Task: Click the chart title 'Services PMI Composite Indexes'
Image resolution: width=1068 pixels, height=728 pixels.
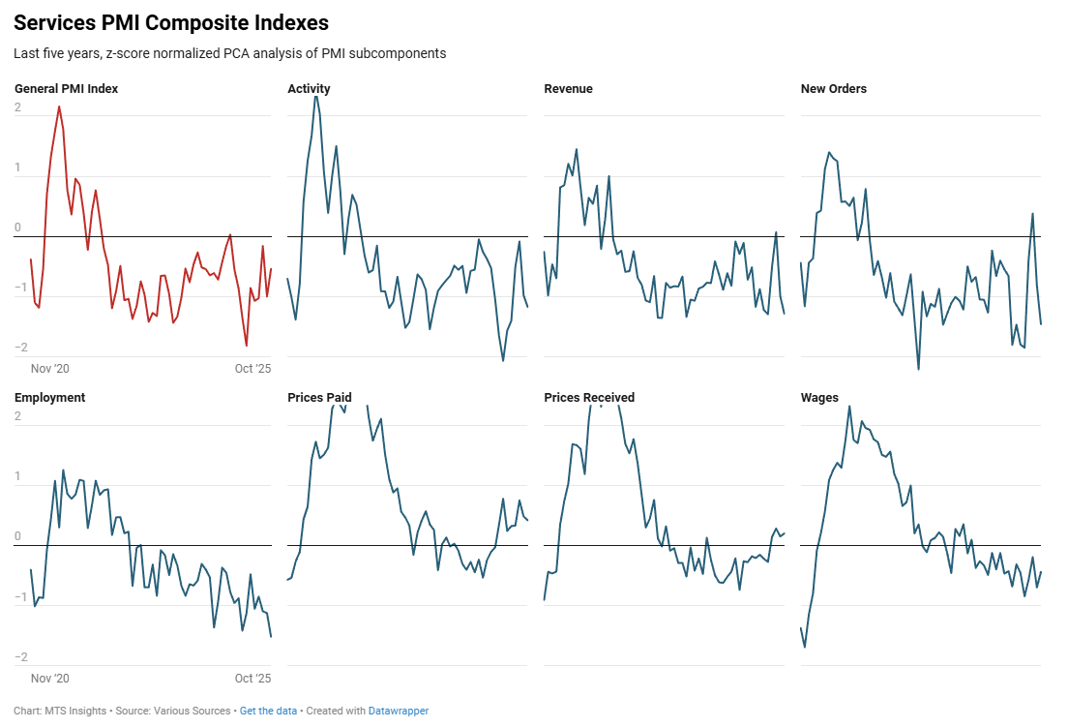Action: coord(171,23)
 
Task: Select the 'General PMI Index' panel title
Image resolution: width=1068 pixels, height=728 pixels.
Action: coord(67,89)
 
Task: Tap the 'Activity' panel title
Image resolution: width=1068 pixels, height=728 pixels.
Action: coord(309,89)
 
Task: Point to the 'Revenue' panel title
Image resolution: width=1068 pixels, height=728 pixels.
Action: coord(568,89)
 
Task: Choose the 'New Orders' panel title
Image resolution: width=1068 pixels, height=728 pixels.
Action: coord(833,89)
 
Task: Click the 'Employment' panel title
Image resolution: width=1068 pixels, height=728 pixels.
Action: coord(49,398)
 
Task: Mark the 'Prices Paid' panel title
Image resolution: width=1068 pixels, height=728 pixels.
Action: coord(319,398)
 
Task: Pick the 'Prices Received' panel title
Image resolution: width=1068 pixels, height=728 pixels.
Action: coord(589,398)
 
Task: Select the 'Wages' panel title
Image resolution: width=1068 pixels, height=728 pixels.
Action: coord(819,398)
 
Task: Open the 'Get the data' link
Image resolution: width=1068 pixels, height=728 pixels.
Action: coord(268,712)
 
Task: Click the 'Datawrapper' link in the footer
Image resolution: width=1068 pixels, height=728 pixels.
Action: coord(398,712)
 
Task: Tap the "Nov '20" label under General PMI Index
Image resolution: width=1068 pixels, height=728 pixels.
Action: coord(50,369)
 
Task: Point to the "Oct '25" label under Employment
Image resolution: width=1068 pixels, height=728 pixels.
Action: coord(253,678)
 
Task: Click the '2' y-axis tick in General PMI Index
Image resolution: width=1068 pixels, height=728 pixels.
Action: coord(17,107)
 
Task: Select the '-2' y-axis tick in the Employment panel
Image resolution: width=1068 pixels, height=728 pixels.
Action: coord(19,658)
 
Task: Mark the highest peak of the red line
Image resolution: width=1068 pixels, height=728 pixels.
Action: coord(59,106)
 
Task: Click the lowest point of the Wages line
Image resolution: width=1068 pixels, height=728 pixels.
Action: coord(805,647)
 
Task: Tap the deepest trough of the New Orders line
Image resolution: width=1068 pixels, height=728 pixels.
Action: coord(918,369)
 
